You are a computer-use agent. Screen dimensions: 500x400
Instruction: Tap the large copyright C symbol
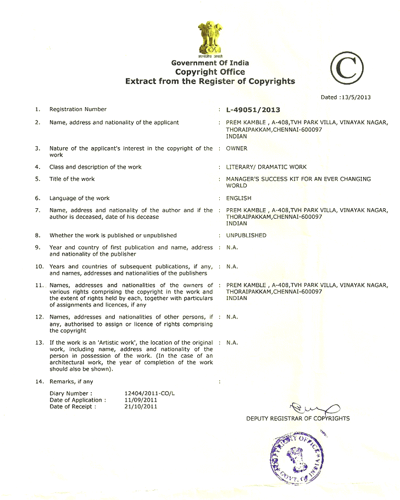point(347,69)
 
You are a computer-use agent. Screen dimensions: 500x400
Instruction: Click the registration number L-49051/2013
point(253,110)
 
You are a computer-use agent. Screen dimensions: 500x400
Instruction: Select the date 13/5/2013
point(355,97)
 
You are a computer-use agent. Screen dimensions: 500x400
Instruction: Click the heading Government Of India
point(210,63)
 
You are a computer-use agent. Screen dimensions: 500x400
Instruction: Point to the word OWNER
point(237,148)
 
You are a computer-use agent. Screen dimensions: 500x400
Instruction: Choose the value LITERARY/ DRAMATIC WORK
point(266,167)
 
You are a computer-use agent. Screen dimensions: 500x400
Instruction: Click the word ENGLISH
point(238,198)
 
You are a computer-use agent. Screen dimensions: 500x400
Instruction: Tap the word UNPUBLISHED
point(246,235)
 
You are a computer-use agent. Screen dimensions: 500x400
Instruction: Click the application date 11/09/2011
point(137,400)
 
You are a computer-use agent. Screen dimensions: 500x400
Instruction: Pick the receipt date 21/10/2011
point(137,407)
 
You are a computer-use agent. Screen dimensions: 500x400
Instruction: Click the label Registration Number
point(78,109)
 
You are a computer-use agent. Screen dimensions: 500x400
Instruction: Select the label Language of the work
point(80,198)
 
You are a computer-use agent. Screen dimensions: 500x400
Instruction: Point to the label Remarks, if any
point(71,381)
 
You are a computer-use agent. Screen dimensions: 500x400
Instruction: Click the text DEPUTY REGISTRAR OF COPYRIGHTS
point(298,419)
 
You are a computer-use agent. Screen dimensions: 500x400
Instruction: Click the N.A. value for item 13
point(232,342)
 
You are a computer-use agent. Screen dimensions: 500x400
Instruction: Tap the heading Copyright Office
point(210,72)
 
